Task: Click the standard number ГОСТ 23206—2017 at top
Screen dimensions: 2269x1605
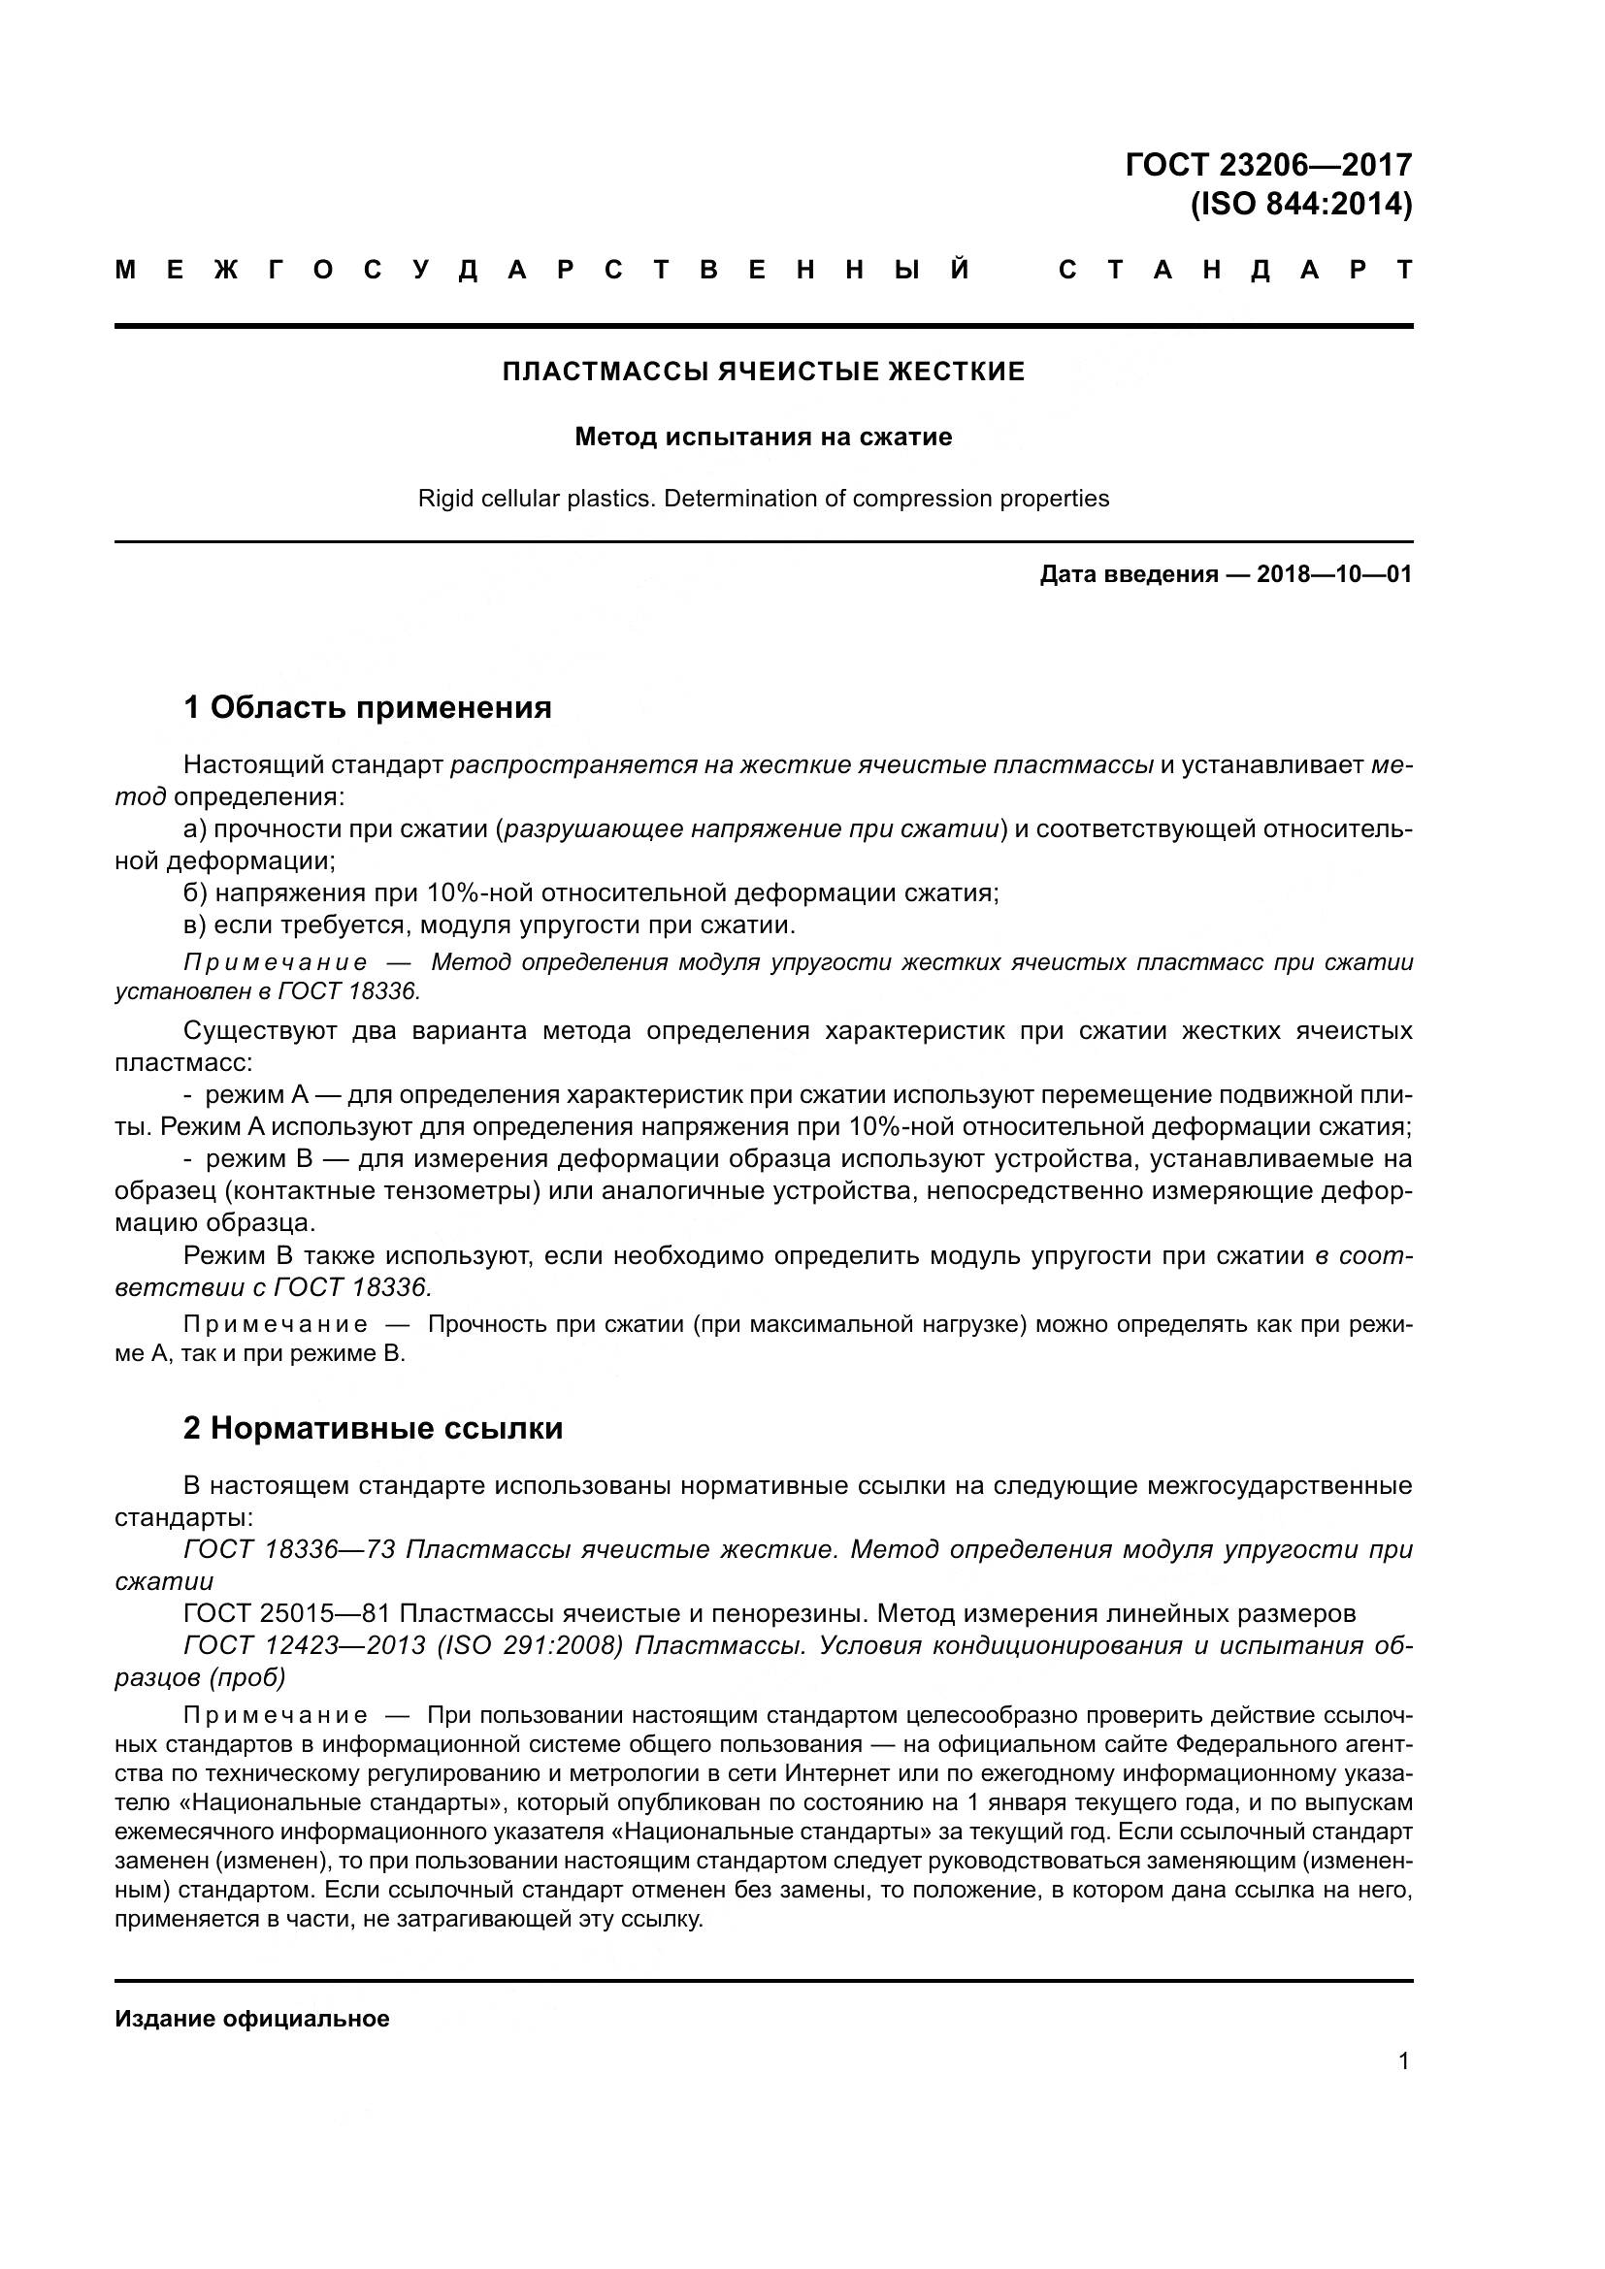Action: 1268,164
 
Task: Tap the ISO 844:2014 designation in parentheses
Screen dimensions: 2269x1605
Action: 1300,205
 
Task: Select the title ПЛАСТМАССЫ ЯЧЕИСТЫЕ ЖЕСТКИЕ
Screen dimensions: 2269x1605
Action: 763,372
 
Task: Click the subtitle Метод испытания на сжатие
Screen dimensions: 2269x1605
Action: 763,437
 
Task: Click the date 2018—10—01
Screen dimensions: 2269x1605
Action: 1333,574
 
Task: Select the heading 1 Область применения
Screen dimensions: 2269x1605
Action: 367,707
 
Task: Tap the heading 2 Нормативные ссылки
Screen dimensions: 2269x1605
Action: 373,1429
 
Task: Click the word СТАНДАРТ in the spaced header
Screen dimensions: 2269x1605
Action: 1235,270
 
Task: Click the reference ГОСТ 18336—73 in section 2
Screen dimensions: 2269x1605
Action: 288,1549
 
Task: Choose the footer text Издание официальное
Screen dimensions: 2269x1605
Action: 252,2019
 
